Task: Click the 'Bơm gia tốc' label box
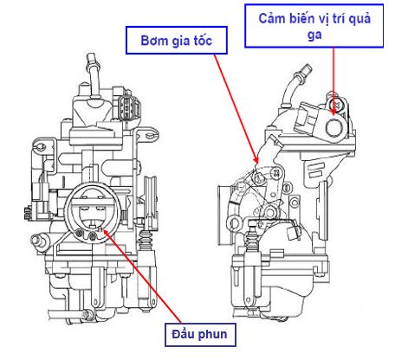pos(177,40)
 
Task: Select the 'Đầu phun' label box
pos(200,334)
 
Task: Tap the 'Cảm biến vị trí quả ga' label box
pos(314,26)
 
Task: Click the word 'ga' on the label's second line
pos(314,35)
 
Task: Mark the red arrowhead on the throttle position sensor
pos(334,111)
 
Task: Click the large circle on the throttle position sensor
pos(334,127)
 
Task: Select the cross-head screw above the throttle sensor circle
pos(337,104)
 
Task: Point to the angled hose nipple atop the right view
pos(295,84)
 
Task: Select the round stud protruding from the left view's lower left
pos(38,239)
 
